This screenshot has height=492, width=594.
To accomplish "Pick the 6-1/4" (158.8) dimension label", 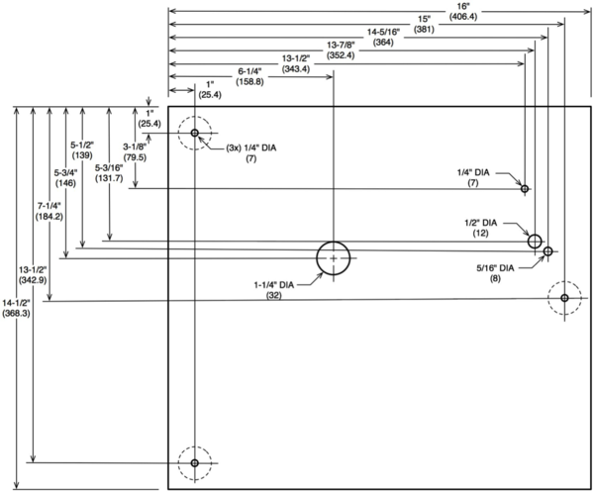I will tap(251, 76).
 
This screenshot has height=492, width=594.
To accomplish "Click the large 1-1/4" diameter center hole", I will tap(335, 258).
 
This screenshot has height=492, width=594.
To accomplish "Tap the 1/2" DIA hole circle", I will tap(535, 241).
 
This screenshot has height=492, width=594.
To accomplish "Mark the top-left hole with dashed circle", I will tap(195, 134).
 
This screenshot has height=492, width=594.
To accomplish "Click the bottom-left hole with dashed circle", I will tap(195, 462).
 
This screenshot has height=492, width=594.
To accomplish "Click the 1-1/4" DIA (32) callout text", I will tap(273, 289).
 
